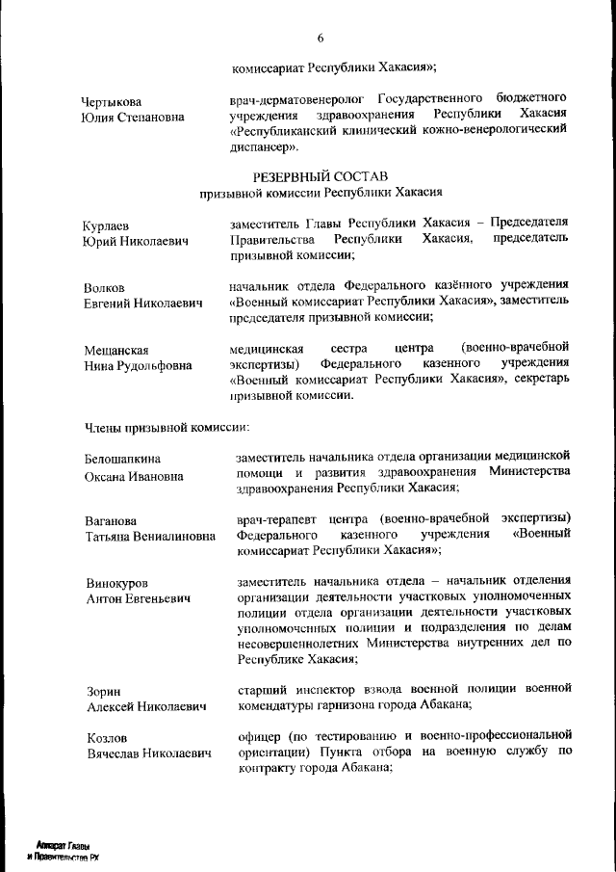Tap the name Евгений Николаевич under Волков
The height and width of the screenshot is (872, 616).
tap(142, 304)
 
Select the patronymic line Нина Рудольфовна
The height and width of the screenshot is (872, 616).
tap(138, 366)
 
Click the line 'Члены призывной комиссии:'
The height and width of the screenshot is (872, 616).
tap(167, 425)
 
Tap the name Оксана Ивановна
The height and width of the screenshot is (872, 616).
tap(136, 476)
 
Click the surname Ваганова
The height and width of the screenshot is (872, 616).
tap(112, 521)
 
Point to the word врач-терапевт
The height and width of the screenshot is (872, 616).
tap(275, 517)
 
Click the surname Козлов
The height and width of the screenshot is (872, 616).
tap(107, 738)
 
